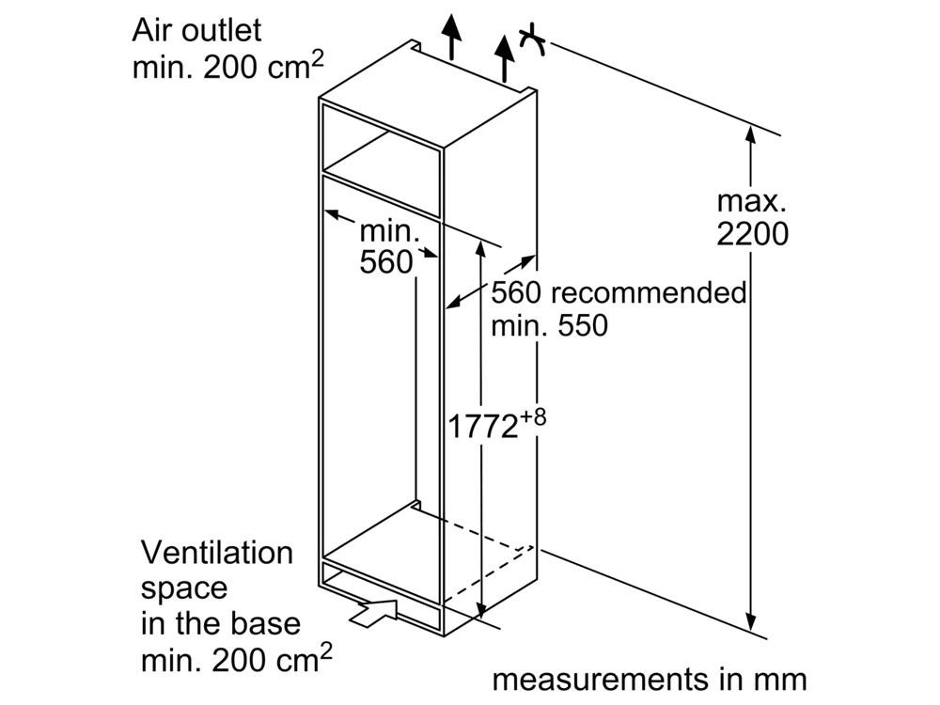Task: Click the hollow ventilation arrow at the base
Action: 374,613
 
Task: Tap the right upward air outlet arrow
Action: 506,58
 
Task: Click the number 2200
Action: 752,234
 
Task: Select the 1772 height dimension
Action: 482,427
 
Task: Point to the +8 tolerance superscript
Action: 532,417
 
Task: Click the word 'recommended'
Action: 649,292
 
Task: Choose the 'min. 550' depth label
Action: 549,325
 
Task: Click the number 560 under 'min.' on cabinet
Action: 386,262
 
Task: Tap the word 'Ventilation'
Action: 217,553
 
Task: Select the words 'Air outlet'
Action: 196,30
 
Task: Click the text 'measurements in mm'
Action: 650,680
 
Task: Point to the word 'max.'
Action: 751,201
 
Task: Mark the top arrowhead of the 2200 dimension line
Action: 750,135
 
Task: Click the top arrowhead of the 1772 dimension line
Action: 480,249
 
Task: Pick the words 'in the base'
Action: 221,623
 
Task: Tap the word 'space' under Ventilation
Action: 184,589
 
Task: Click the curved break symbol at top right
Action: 532,39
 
